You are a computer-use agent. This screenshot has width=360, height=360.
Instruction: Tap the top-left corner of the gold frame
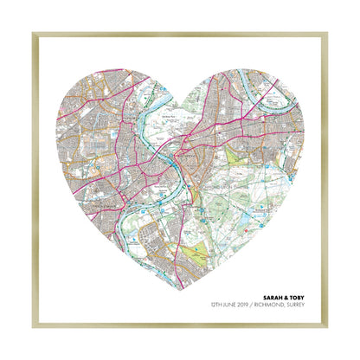pyautogui.click(x=34, y=34)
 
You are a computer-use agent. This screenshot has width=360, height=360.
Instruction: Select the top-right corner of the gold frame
pyautogui.click(x=326, y=34)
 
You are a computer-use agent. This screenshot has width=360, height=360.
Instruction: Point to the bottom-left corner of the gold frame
pyautogui.click(x=34, y=326)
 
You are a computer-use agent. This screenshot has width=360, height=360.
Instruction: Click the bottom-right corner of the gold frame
pyautogui.click(x=326, y=326)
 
